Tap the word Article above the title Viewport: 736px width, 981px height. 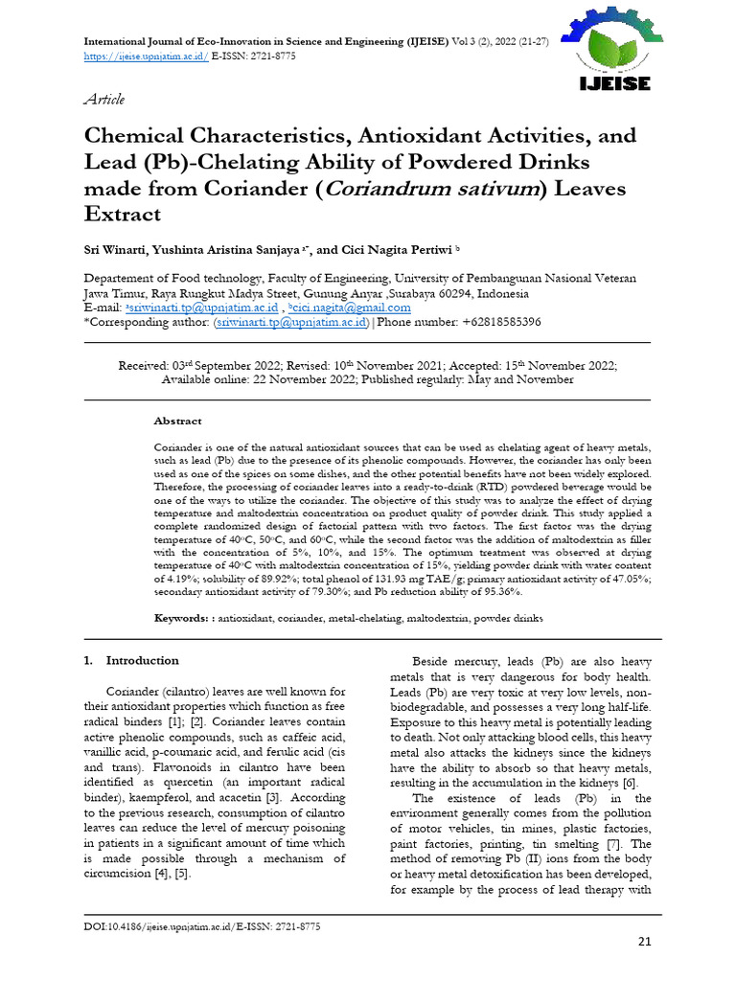point(104,100)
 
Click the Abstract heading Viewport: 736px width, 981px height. point(177,421)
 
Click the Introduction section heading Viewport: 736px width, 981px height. point(142,661)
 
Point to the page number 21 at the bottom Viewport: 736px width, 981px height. point(643,942)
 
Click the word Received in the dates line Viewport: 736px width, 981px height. point(143,366)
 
